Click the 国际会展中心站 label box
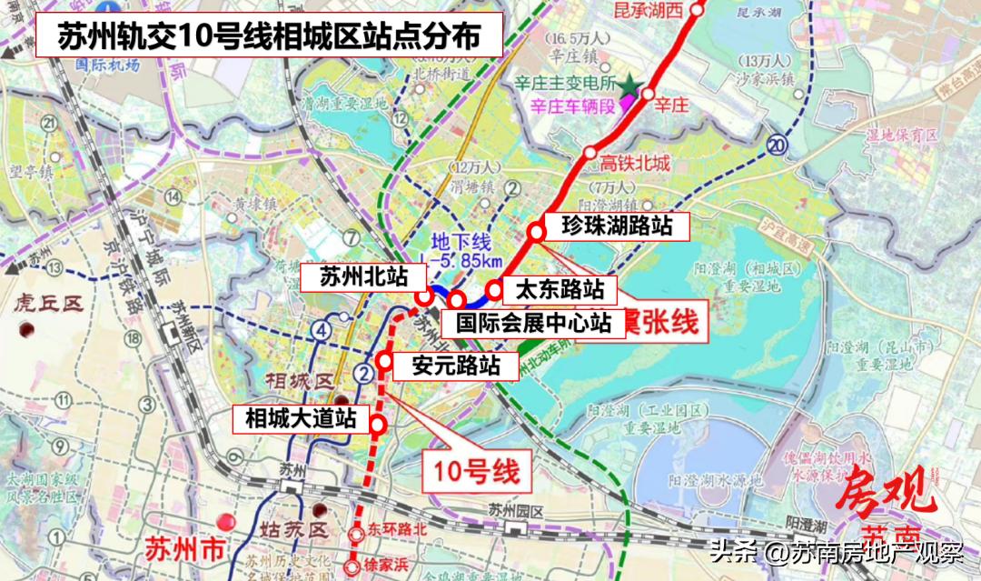tap(533, 322)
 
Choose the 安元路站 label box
tap(455, 366)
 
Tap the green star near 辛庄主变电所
tap(630, 87)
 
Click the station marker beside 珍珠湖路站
tap(536, 232)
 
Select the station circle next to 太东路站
tap(493, 291)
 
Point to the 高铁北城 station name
tap(635, 164)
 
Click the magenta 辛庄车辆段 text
tap(572, 107)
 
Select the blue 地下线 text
tap(461, 242)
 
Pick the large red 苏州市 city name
tap(183, 551)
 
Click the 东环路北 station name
tap(397, 528)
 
